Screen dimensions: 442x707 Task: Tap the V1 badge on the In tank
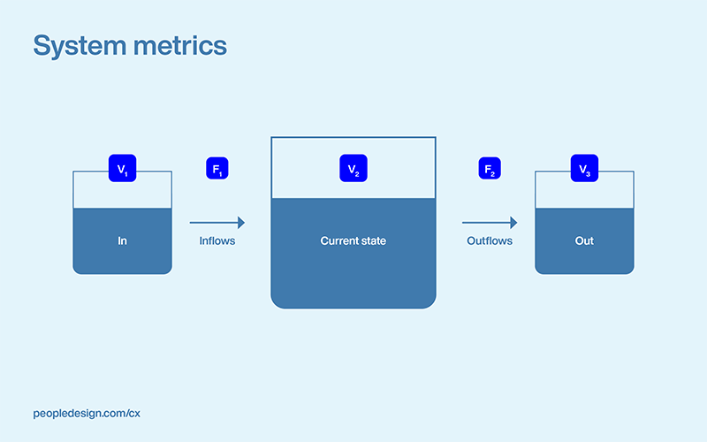click(122, 168)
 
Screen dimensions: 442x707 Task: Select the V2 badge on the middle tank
click(353, 168)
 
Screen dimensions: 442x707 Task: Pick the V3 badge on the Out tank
click(584, 168)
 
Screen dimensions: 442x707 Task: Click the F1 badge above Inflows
click(217, 168)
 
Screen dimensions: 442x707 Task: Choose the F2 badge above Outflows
click(490, 168)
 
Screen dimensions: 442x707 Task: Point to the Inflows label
click(217, 240)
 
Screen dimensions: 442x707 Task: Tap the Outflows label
click(490, 240)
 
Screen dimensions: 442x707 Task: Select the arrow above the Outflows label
click(489, 223)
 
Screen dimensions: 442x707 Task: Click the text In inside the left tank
click(122, 240)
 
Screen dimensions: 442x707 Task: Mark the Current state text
click(353, 240)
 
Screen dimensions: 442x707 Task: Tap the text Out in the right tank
click(584, 240)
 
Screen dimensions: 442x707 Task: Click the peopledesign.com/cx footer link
click(86, 413)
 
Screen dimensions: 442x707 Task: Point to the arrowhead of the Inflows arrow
click(240, 223)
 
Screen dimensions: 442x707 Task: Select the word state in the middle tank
click(373, 240)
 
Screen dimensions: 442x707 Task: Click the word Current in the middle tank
click(338, 240)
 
